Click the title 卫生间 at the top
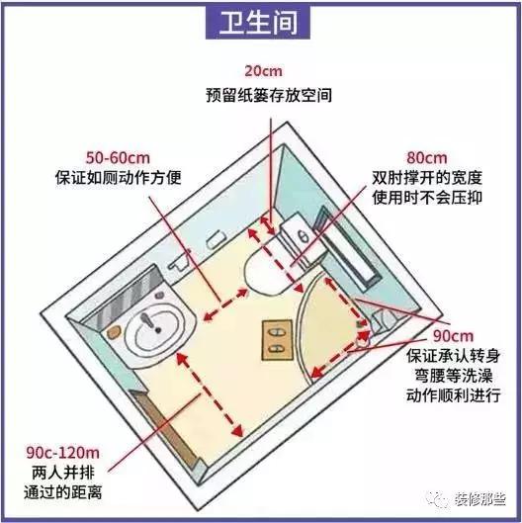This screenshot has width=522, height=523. click(258, 23)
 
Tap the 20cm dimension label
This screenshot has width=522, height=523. click(263, 71)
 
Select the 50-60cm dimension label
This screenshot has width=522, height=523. click(118, 158)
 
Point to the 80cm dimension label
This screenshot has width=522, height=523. click(427, 158)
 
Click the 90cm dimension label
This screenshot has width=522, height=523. click(453, 336)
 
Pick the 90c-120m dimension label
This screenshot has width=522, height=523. click(62, 453)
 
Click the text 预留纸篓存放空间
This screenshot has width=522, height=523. click(269, 95)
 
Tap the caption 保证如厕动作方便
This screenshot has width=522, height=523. click(118, 177)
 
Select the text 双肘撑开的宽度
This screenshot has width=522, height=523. click(427, 177)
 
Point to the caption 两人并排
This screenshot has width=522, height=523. click(63, 473)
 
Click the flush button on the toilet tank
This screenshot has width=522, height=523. click(304, 237)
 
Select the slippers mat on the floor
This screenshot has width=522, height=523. click(277, 340)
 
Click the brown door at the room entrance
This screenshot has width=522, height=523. click(163, 427)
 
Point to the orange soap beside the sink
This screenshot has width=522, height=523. click(113, 332)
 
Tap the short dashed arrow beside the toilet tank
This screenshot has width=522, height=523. click(268, 225)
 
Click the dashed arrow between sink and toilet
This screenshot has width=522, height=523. click(225, 305)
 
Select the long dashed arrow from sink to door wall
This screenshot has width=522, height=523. click(210, 394)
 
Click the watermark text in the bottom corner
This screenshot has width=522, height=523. click(479, 499)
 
